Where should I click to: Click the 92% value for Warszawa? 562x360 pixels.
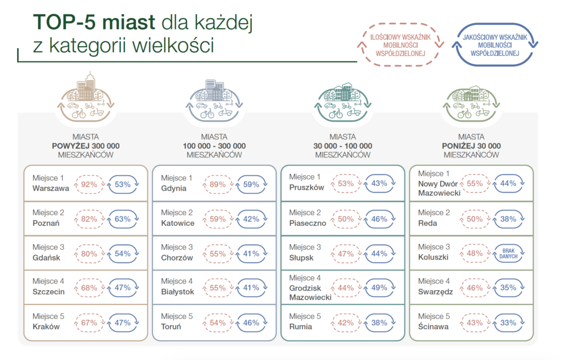click(x=89, y=184)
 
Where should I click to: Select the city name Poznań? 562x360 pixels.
click(x=46, y=223)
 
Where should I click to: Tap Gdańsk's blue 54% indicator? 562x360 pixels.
click(x=122, y=254)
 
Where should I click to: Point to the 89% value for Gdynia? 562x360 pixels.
click(x=217, y=184)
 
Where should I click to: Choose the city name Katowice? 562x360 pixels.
click(x=178, y=223)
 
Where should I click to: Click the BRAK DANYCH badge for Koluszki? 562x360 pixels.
click(x=508, y=254)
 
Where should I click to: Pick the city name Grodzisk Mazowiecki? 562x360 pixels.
click(x=311, y=292)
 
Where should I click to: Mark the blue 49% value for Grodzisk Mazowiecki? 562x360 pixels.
click(x=379, y=288)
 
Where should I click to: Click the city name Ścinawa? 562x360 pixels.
click(x=434, y=327)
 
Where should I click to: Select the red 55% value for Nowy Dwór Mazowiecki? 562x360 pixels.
click(x=475, y=183)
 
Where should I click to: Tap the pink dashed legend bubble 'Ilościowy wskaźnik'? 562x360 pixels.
click(x=400, y=45)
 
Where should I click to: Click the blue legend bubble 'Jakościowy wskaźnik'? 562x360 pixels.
click(x=495, y=45)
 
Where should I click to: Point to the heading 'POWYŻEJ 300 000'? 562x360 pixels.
click(x=86, y=146)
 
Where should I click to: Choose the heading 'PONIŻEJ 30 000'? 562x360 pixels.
click(x=471, y=146)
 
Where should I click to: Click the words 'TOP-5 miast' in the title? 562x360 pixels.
click(x=94, y=22)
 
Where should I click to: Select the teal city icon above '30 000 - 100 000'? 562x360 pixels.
click(x=342, y=102)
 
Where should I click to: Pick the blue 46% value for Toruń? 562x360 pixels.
click(x=251, y=323)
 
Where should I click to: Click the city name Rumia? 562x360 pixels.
click(x=301, y=327)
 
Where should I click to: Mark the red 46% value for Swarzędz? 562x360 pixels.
click(x=475, y=288)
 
